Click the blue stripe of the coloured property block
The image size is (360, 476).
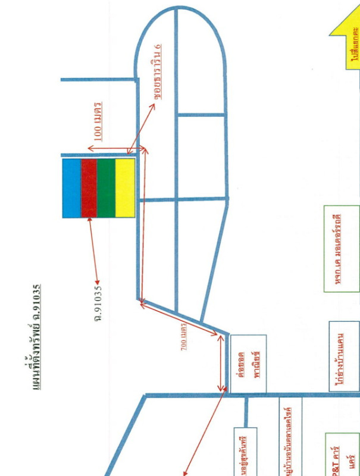(71, 187)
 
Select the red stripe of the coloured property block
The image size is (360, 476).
(89, 187)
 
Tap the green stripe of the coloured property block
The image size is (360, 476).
(106, 187)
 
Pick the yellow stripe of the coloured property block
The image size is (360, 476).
(125, 187)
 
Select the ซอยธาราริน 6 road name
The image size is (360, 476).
(158, 71)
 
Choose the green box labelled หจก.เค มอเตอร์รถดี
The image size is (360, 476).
(342, 249)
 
